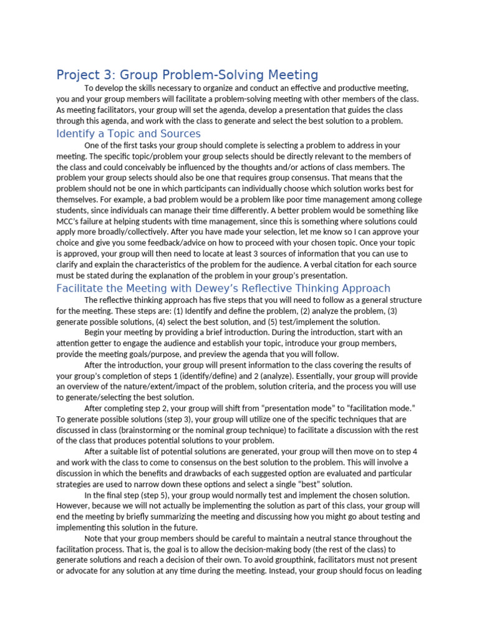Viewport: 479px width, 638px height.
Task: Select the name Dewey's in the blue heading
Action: click(x=242, y=288)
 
